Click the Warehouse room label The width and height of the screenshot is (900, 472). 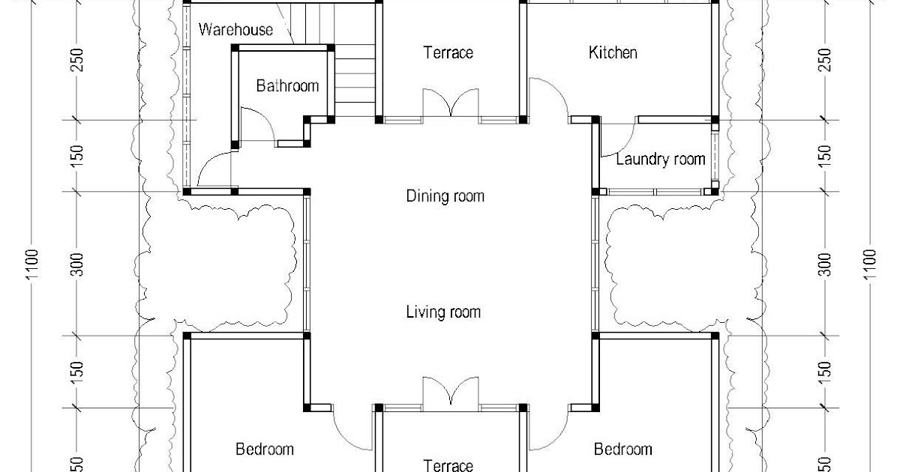(235, 30)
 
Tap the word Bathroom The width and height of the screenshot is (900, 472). (287, 86)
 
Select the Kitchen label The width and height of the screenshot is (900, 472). (613, 52)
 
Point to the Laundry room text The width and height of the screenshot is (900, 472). (661, 160)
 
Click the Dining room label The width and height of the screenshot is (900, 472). (445, 196)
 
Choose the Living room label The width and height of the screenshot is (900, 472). (443, 312)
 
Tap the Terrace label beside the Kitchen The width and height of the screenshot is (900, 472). (448, 52)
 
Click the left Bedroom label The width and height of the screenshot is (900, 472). (264, 449)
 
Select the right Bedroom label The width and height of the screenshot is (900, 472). (622, 449)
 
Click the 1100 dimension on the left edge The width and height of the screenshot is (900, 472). (32, 264)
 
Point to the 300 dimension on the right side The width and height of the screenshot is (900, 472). (824, 264)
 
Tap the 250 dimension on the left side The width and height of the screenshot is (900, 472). (76, 60)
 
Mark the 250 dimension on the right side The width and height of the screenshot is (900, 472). (824, 60)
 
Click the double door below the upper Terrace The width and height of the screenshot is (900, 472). (451, 103)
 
